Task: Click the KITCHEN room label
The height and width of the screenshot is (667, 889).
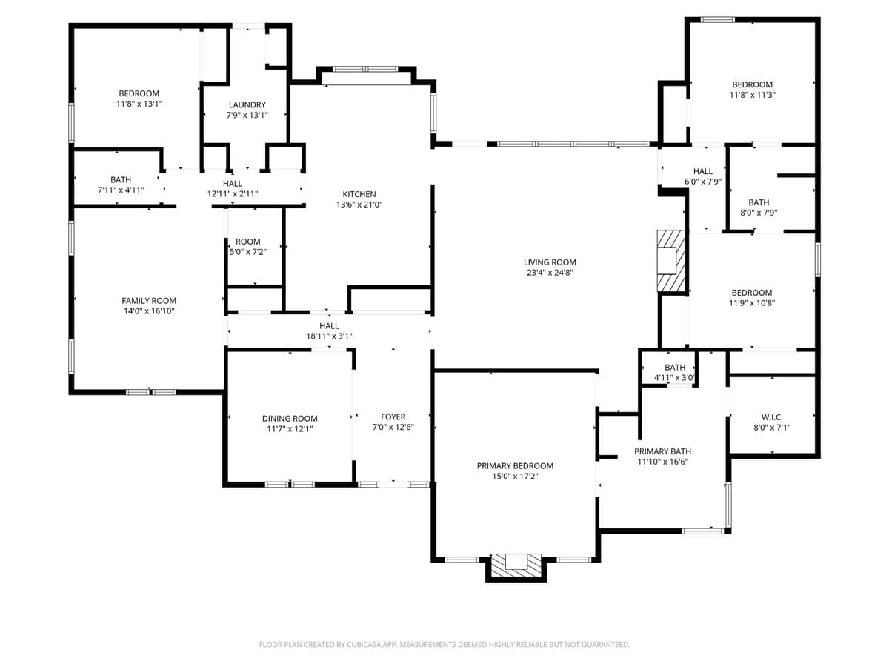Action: pos(359,194)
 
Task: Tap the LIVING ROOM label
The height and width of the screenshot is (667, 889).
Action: pos(549,262)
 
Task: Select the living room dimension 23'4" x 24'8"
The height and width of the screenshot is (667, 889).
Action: pos(549,273)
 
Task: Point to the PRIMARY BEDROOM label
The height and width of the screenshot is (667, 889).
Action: pos(515,466)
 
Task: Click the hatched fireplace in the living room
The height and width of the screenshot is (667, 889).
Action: pos(672,262)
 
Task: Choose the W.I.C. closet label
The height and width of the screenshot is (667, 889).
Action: pos(772,417)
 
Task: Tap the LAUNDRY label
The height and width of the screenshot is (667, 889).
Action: pos(247,105)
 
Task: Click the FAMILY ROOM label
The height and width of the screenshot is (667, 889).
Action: pos(149,301)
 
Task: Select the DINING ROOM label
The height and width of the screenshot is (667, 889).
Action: pos(290,419)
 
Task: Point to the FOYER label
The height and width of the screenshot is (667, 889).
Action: pos(393,417)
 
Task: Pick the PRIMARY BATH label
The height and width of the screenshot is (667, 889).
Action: pos(662,451)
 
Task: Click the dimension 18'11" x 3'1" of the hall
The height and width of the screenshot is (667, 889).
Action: pos(329,336)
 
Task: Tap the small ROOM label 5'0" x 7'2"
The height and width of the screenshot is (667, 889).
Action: pos(247,242)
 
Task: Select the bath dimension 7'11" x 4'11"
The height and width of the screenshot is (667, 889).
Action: pos(121,190)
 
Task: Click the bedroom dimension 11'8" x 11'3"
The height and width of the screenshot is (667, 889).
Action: pos(752,95)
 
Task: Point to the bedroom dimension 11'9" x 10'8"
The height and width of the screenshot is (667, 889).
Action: pos(752,303)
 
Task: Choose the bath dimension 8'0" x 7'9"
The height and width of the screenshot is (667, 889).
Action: pos(758,213)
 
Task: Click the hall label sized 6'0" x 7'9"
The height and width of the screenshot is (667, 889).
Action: pos(702,171)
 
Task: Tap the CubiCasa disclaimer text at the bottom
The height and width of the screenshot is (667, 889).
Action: pos(444,645)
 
